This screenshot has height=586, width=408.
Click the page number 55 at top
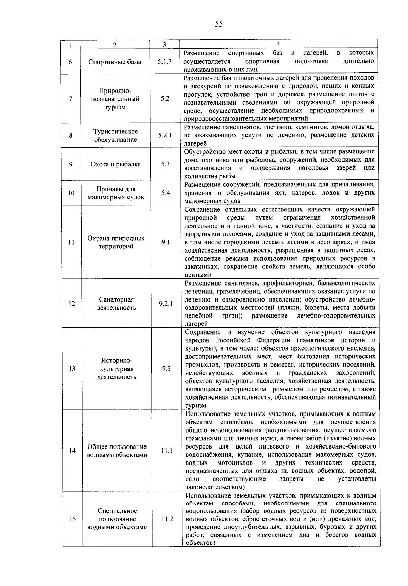[219, 24]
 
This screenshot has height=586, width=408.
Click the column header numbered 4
[278, 44]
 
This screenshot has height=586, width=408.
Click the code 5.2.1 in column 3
[165, 135]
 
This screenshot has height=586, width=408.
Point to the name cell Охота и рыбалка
[116, 164]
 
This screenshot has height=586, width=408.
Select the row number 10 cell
[71, 193]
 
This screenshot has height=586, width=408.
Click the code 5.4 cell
[165, 193]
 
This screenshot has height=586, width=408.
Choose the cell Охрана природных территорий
[116, 242]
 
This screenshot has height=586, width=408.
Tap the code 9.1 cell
[166, 242]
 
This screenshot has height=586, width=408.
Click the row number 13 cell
[72, 369]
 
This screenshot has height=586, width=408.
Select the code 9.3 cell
[166, 369]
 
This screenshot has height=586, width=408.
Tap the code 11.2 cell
[167, 519]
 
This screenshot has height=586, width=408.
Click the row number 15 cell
[72, 519]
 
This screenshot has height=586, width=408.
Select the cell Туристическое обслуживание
[116, 135]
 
